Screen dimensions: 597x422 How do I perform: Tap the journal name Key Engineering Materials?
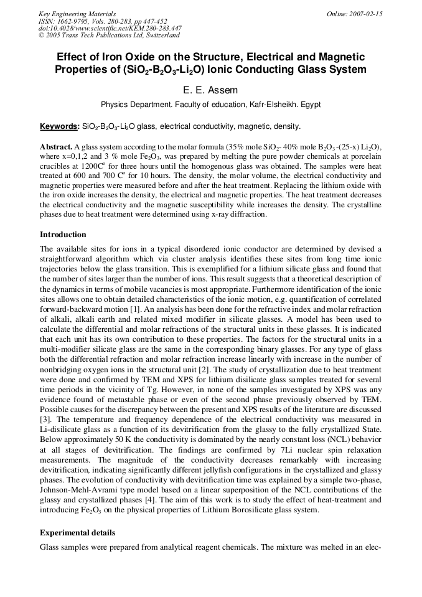click(77, 14)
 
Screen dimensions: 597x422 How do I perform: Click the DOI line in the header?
click(110, 28)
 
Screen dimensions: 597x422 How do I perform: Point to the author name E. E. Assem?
click(211, 90)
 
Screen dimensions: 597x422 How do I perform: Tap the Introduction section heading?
click(63, 235)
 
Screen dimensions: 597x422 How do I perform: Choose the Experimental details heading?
click(77, 533)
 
